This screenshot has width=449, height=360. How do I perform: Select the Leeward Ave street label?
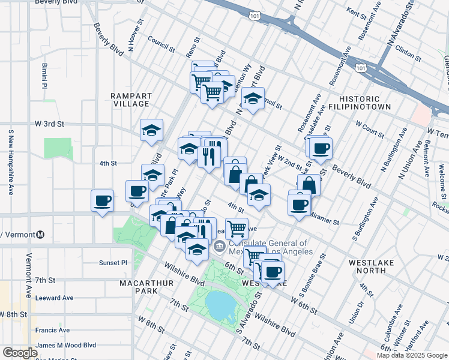pyautogui.click(x=54, y=298)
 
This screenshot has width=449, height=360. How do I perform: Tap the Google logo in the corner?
pyautogui.click(x=20, y=353)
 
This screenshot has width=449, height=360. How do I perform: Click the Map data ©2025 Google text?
pyautogui.click(x=411, y=355)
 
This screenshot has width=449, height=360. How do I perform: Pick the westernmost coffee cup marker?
pyautogui.click(x=102, y=200)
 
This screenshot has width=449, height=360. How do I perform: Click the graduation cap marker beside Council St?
pyautogui.click(x=253, y=98)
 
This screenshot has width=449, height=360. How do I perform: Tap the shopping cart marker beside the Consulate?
pyautogui.click(x=237, y=227)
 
